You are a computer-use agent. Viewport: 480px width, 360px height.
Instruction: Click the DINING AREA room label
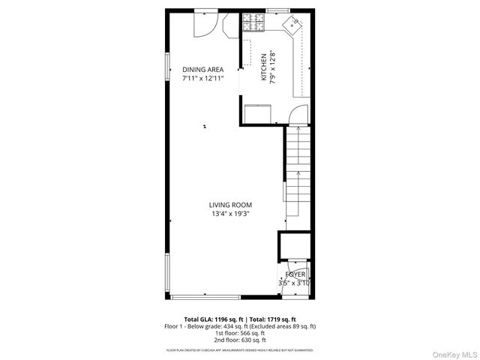click(203, 70)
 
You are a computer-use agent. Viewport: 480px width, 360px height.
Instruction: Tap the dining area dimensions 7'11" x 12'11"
click(203, 78)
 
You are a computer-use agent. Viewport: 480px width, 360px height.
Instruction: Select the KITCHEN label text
click(264, 67)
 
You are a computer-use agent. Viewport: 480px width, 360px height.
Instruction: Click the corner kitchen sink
click(292, 25)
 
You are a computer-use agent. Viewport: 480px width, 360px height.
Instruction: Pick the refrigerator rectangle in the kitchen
click(259, 113)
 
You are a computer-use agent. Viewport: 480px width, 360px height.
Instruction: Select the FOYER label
click(295, 275)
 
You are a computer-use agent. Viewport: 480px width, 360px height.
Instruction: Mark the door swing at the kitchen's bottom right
click(298, 115)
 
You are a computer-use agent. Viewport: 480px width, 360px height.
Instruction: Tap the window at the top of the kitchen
click(278, 10)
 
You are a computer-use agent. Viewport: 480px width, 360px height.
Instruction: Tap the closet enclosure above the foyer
click(293, 247)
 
